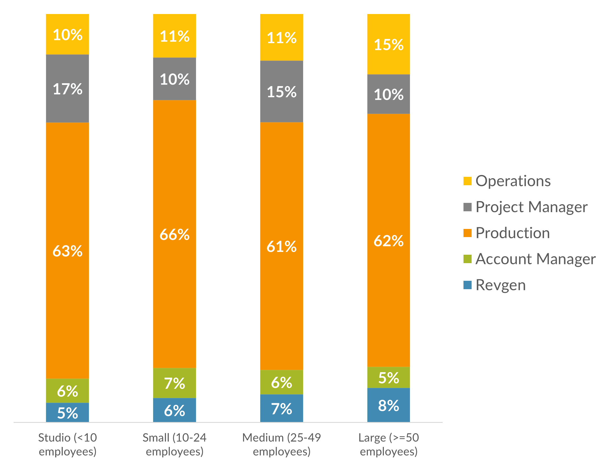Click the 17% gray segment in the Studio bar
pyautogui.click(x=68, y=89)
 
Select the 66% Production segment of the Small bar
pyautogui.click(x=174, y=234)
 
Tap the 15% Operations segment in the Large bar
pyautogui.click(x=389, y=44)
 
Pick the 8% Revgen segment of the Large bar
pyautogui.click(x=389, y=405)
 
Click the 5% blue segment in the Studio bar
pyautogui.click(x=68, y=412)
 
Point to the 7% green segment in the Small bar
pyautogui.click(x=174, y=383)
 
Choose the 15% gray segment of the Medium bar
pyautogui.click(x=282, y=91)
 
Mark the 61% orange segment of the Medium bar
pyautogui.click(x=282, y=246)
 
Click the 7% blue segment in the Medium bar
pyautogui.click(x=282, y=408)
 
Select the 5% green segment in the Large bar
pyautogui.click(x=389, y=377)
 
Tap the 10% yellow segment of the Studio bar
pyautogui.click(x=68, y=34)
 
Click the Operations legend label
pyautogui.click(x=513, y=181)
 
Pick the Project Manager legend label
pyautogui.click(x=531, y=207)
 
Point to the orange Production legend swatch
pyautogui.click(x=467, y=233)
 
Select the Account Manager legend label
pyautogui.click(x=536, y=259)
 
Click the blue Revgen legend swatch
pyautogui.click(x=467, y=285)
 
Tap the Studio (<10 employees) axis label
pyautogui.click(x=68, y=444)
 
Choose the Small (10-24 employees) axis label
pyautogui.click(x=174, y=444)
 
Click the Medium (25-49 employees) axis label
pyautogui.click(x=282, y=444)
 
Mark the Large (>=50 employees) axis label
pyautogui.click(x=389, y=444)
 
